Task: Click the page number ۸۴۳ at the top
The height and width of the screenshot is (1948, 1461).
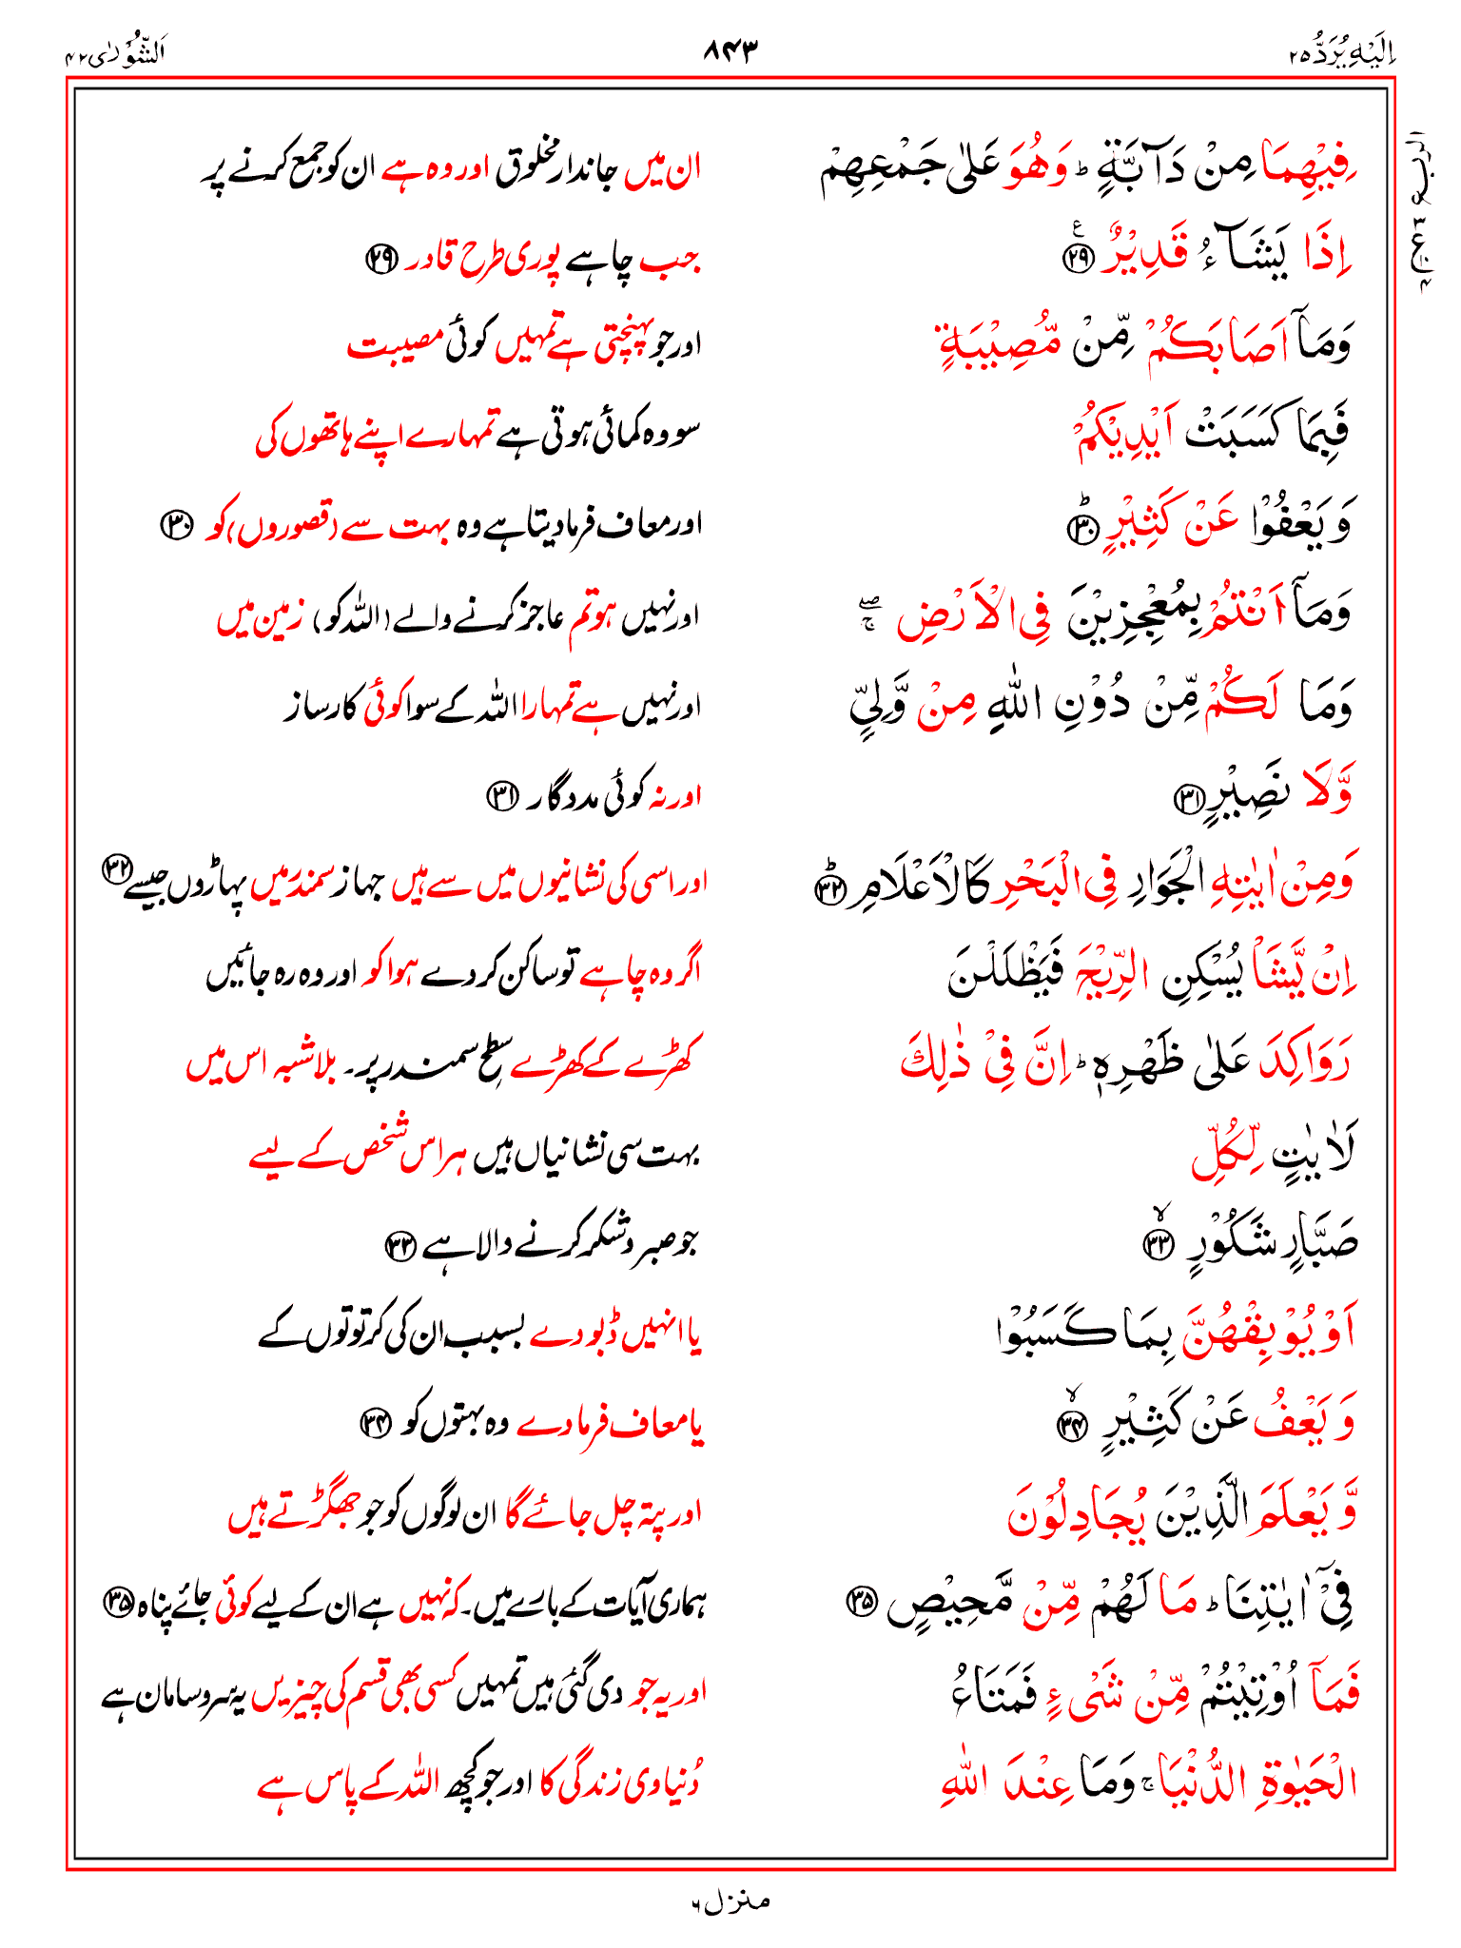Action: (x=730, y=50)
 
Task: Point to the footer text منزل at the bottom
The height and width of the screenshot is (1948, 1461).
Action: (x=730, y=1901)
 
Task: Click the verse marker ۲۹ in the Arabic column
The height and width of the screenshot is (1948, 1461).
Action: (x=1079, y=259)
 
